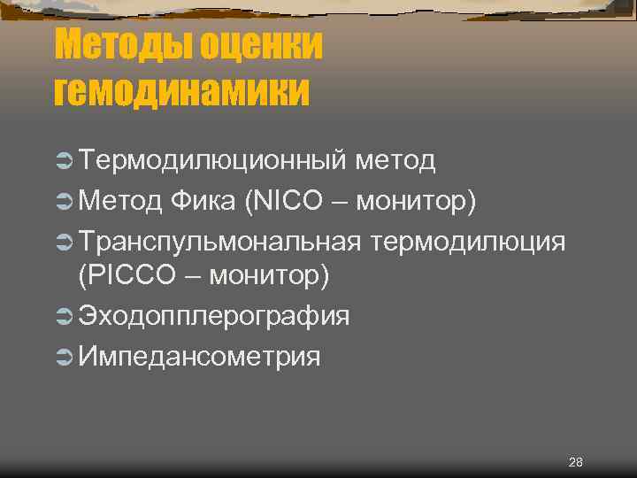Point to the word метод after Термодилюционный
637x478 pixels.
395,160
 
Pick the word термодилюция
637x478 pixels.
469,241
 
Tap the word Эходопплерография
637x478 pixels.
214,316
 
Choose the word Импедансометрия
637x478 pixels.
199,357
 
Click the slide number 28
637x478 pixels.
576,462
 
